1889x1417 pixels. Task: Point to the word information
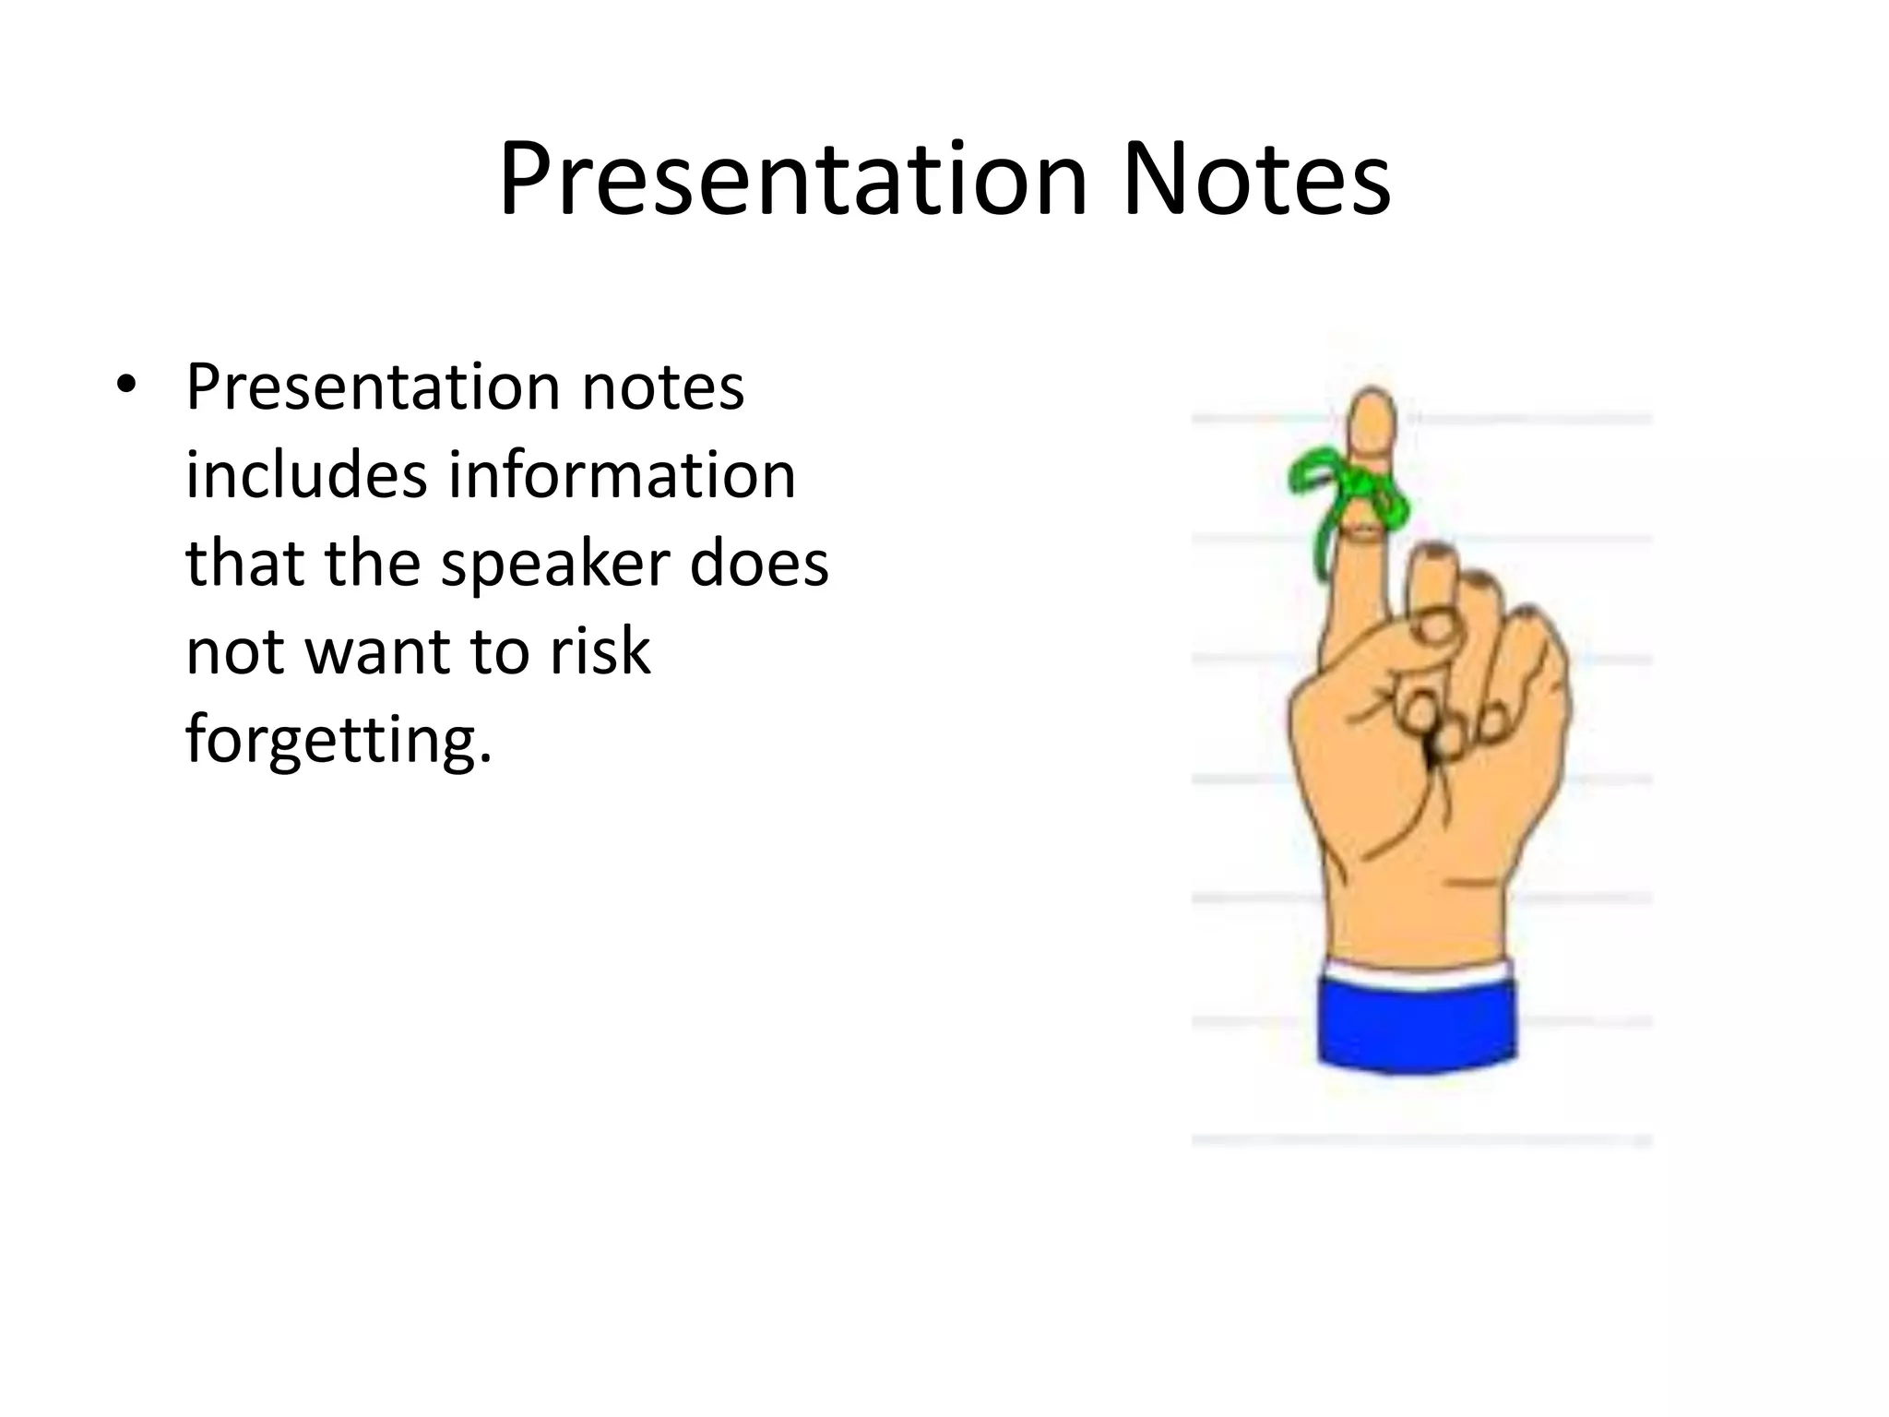coord(622,475)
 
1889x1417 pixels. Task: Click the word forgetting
coord(338,741)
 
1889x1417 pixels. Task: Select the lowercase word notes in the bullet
coord(662,387)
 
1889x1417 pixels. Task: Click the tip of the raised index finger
coord(1372,406)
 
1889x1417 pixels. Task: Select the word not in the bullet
coord(234,652)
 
